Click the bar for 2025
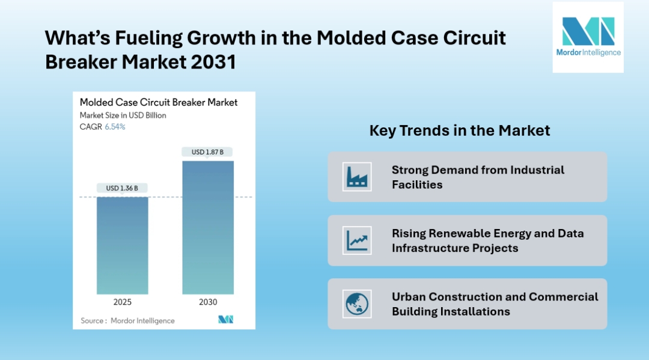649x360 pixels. point(122,245)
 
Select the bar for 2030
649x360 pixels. point(207,227)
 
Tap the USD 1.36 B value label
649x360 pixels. point(122,188)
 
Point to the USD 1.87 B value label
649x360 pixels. point(207,152)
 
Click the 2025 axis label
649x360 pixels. point(122,302)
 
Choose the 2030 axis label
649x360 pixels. point(207,302)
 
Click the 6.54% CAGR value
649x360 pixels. point(115,127)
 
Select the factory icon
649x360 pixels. point(357,177)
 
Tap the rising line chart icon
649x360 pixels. point(357,240)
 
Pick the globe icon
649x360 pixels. point(357,304)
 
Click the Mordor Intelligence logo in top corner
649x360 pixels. point(588,37)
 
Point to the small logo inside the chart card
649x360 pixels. point(225,320)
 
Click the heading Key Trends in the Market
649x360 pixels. point(460,130)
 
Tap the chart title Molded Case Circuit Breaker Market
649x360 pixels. point(159,102)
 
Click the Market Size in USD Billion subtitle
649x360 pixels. point(123,115)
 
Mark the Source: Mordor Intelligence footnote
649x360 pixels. point(127,321)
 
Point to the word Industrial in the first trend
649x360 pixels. point(537,170)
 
